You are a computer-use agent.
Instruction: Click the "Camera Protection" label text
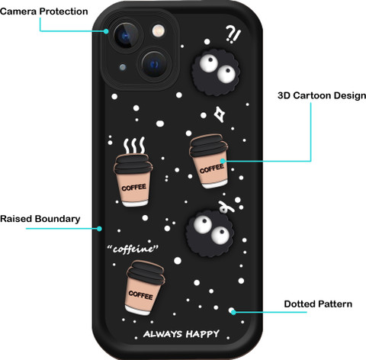[44, 11]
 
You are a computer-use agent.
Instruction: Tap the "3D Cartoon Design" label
[322, 95]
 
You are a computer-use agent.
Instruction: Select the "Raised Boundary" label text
[40, 219]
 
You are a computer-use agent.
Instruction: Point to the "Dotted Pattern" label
[318, 304]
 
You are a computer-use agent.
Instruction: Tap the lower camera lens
[155, 64]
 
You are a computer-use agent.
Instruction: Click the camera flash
[159, 31]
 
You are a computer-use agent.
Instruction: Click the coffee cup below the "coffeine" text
[145, 288]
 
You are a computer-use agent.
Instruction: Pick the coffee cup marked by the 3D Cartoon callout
[209, 161]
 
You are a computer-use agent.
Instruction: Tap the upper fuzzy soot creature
[216, 73]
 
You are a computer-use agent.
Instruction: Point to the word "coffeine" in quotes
[133, 249]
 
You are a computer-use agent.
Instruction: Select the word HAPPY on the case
[202, 334]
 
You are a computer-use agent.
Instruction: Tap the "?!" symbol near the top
[233, 34]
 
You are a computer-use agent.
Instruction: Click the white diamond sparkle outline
[219, 114]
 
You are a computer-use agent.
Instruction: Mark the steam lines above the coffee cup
[134, 146]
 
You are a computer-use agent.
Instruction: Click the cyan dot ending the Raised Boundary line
[99, 229]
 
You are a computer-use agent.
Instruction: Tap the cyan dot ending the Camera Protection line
[106, 31]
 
